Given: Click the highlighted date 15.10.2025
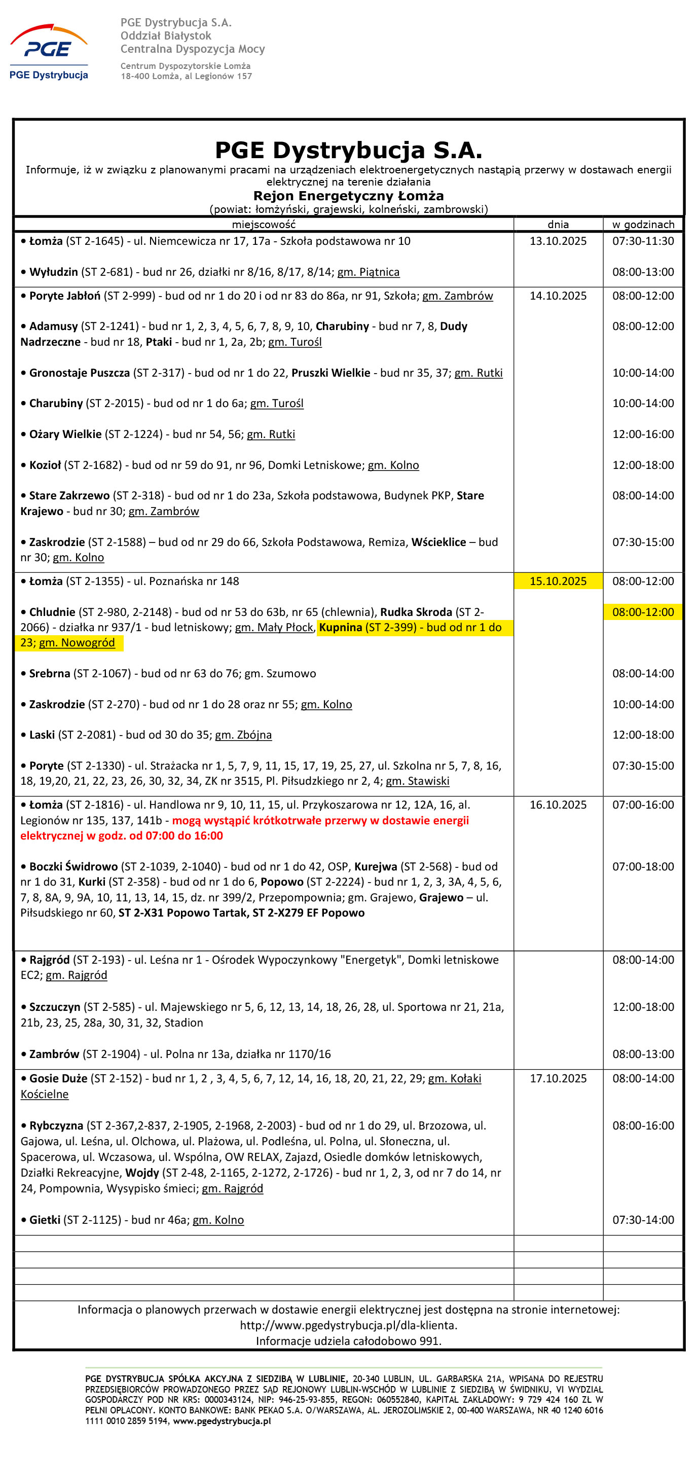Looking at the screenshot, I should point(558,581).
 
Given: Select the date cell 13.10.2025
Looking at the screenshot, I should point(558,241).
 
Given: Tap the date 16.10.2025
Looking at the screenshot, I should point(558,805).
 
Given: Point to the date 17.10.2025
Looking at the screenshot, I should point(558,1078).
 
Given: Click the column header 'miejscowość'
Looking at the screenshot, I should point(264,225).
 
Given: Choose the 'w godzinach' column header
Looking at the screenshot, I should point(643,225).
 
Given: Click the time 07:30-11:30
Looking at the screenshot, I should point(643,241).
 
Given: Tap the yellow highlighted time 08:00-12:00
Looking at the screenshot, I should point(643,612).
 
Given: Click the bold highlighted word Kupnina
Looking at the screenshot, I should point(341,627).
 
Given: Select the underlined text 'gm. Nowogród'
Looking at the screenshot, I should point(77,642).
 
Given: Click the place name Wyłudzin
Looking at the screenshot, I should point(54,272).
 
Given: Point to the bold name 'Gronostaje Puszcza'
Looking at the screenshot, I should point(79,373).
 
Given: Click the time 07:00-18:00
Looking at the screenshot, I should point(643,866).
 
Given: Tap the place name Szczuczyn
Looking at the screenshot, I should point(55,1007).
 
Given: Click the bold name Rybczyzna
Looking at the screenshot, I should point(56,1125).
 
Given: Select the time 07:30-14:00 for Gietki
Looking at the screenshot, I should point(643,1219).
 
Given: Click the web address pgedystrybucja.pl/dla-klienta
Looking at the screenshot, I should point(348,1325).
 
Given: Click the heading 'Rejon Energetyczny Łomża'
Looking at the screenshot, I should point(348,196).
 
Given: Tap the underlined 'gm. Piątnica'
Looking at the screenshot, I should point(368,272).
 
